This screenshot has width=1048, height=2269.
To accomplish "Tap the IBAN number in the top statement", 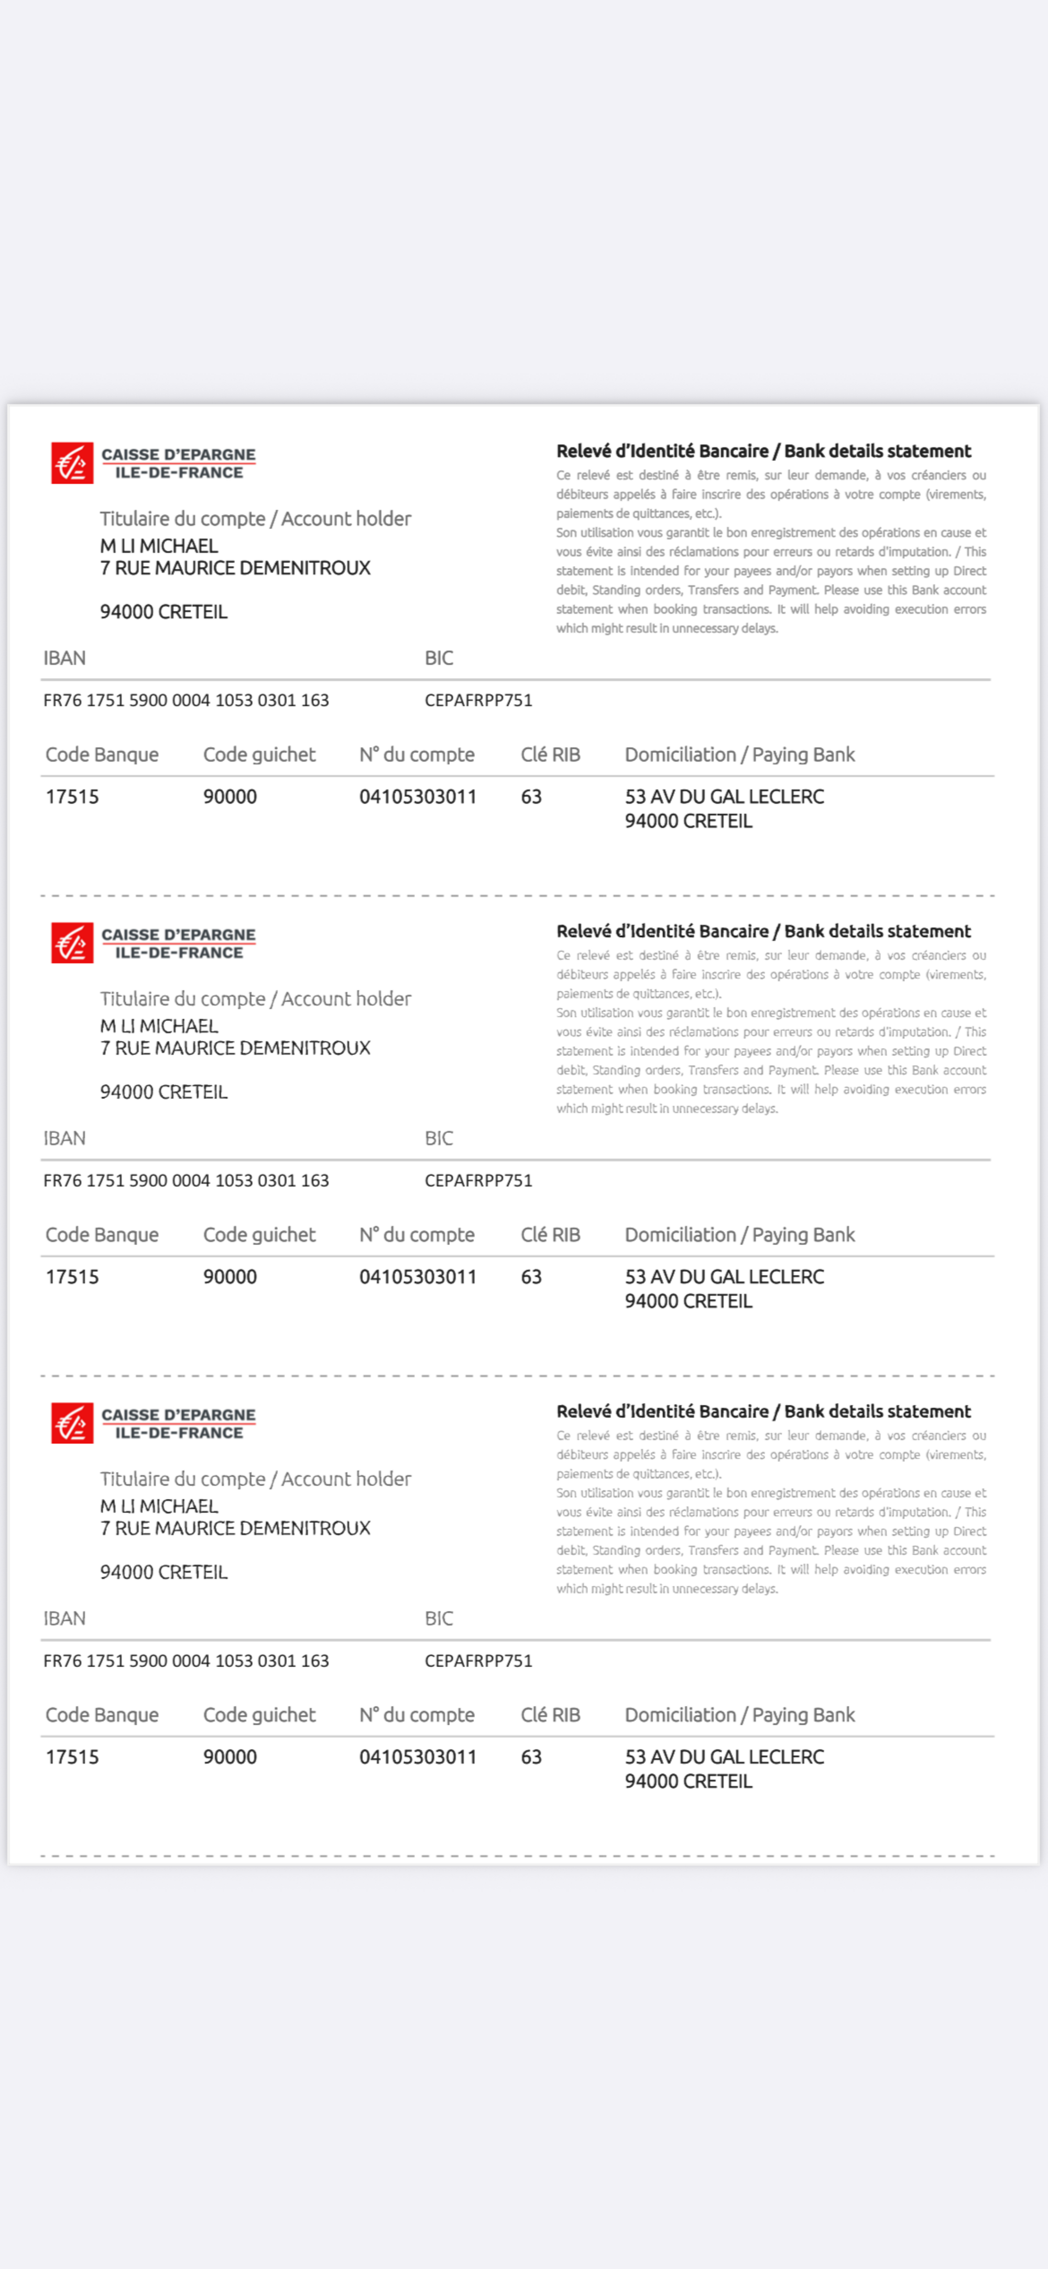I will tap(186, 700).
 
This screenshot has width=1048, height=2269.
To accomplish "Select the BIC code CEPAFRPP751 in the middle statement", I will tap(478, 1180).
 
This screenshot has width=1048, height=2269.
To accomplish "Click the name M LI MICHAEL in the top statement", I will tap(159, 546).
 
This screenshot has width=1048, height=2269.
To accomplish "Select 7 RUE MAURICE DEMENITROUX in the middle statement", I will tap(235, 1048).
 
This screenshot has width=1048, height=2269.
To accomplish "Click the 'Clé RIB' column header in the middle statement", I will tap(550, 1235).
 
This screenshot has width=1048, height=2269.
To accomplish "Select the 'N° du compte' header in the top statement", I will tap(417, 755).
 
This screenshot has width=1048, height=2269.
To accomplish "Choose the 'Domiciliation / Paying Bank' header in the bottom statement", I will tap(740, 1715).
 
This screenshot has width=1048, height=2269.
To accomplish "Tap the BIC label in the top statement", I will tap(439, 658).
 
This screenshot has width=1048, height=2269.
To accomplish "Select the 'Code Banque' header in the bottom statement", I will tap(102, 1715).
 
